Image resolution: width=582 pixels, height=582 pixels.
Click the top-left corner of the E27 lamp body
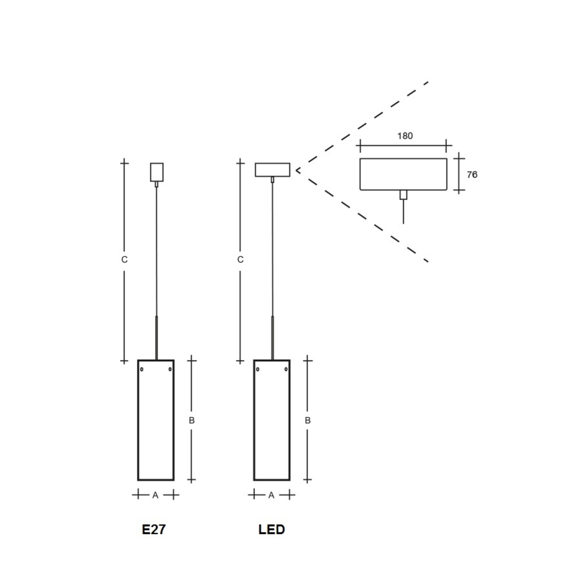point(138,360)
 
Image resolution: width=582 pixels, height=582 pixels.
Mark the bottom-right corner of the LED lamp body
point(290,480)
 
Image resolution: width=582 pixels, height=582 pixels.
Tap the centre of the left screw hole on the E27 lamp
point(142,369)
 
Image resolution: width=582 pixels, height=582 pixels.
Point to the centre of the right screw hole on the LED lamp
point(286,369)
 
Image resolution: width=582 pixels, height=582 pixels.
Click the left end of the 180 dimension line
point(360,145)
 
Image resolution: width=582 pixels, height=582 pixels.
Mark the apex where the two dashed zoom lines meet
point(296,170)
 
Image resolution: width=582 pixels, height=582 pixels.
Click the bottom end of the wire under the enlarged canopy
point(403,223)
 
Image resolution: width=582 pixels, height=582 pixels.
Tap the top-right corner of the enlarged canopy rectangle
point(447,159)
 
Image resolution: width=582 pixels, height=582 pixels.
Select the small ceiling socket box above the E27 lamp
point(157,172)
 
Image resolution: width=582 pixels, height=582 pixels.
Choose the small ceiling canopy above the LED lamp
point(273,170)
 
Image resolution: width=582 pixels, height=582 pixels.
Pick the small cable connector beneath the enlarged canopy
point(403,195)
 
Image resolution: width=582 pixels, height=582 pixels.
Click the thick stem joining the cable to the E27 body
point(156,338)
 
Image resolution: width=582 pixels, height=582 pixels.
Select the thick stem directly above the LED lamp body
point(273,338)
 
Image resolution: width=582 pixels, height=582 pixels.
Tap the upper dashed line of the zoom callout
point(362,126)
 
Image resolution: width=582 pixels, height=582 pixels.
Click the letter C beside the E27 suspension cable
point(124,260)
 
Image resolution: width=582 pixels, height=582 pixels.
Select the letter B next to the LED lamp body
point(307,420)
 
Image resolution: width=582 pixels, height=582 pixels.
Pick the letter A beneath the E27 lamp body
point(155,495)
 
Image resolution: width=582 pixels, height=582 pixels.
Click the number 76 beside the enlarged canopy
point(472,175)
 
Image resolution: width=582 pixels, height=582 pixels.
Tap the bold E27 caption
point(154,530)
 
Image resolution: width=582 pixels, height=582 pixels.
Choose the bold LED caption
point(272,530)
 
